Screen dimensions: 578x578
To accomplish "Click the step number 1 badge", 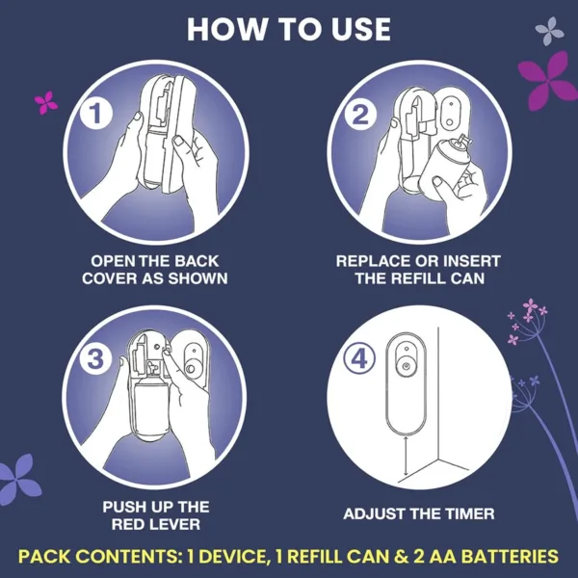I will [x=94, y=115].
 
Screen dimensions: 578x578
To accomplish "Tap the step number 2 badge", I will [x=359, y=116].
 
